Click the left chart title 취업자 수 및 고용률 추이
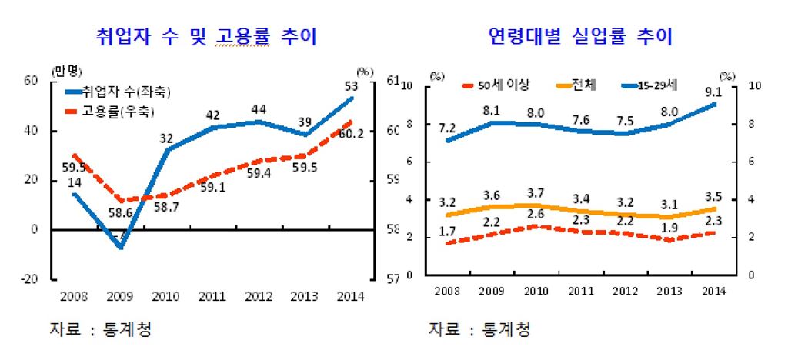coord(205,36)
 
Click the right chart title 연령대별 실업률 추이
coord(580,36)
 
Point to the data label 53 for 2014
coord(350,85)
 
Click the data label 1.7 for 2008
coord(446,230)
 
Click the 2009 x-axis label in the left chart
coord(120,296)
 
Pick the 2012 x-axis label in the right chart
coord(626,290)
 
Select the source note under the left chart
coord(100,329)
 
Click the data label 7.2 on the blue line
coord(446,126)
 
